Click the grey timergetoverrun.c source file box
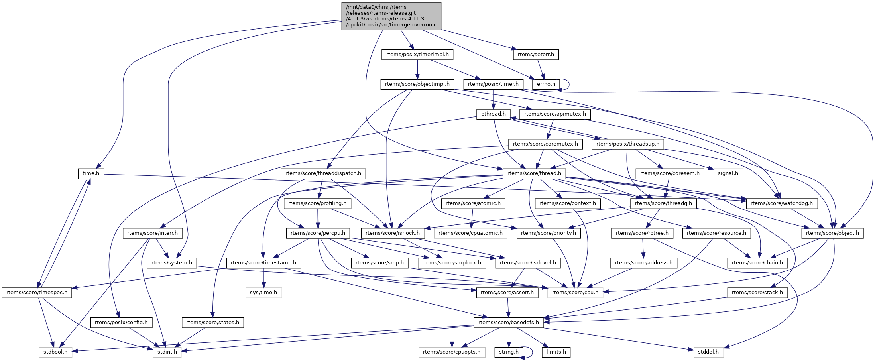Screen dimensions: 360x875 click(x=391, y=16)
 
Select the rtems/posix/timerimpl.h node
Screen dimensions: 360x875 click(x=417, y=55)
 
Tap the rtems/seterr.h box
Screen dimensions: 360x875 click(x=536, y=55)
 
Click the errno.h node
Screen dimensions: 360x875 click(x=546, y=84)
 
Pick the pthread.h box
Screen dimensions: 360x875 click(x=493, y=114)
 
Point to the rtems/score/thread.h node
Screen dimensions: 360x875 click(x=534, y=173)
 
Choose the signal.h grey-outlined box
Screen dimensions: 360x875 click(x=728, y=173)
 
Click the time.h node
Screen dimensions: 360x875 click(x=91, y=173)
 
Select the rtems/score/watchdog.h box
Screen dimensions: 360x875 click(x=781, y=203)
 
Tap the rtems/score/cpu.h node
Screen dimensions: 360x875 click(x=575, y=293)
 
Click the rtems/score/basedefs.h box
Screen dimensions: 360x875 click(x=508, y=323)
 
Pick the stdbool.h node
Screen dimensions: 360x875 click(x=55, y=352)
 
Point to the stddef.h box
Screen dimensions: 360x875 click(x=708, y=352)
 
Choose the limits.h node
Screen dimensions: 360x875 click(x=556, y=352)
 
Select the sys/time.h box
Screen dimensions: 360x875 click(x=263, y=293)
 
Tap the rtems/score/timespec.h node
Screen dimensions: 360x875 click(x=37, y=293)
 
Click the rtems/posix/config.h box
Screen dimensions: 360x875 click(x=121, y=323)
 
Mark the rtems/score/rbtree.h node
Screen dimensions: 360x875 click(x=642, y=233)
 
